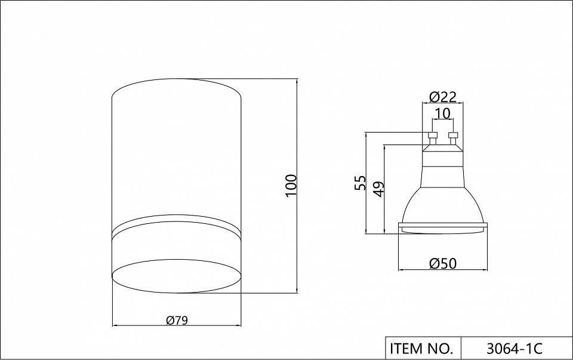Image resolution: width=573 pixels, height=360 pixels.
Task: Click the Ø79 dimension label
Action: point(177,321)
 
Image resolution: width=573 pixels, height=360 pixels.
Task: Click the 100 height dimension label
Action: point(291,185)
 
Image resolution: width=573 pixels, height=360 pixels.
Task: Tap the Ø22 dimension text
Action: point(443,97)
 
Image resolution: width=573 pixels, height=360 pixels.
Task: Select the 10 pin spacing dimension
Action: point(443,113)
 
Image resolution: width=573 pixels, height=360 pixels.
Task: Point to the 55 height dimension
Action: point(360,183)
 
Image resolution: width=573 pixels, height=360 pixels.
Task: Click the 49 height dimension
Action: point(379,189)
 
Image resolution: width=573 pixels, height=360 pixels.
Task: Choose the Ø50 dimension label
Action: point(443,263)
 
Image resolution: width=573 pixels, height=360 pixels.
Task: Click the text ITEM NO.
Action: point(421,348)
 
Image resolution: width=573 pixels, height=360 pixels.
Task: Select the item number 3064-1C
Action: point(515,348)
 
